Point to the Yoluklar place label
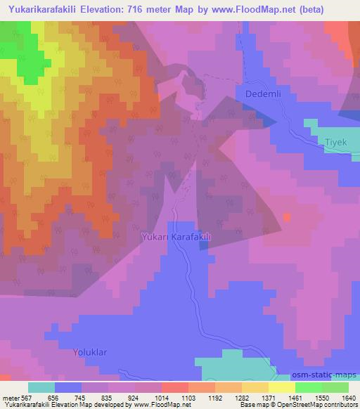click(91, 350)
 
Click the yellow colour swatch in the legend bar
click(281, 387)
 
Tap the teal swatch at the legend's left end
click(41, 387)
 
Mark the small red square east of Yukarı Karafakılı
click(287, 216)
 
